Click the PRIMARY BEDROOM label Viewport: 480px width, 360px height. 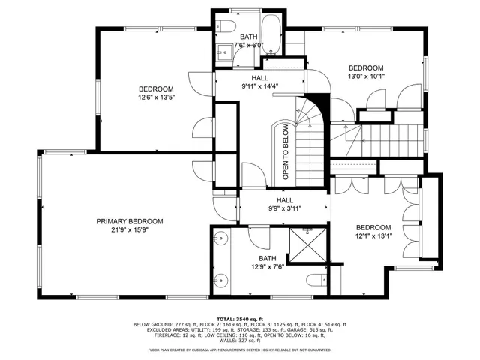pyautogui.click(x=129, y=221)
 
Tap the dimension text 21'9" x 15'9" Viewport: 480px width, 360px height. pyautogui.click(x=129, y=230)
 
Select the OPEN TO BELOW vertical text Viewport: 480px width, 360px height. pyautogui.click(x=286, y=151)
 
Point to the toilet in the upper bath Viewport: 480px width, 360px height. pyautogui.click(x=226, y=28)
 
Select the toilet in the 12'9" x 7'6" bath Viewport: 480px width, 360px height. pyautogui.click(x=316, y=281)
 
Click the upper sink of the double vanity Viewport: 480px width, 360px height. pyautogui.click(x=220, y=240)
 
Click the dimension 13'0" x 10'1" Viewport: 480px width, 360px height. pyautogui.click(x=366, y=75)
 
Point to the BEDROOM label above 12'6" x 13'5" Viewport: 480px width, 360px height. pyautogui.click(x=155, y=88)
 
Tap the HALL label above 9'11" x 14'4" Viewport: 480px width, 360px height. pyautogui.click(x=259, y=77)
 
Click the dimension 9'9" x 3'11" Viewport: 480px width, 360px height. pyautogui.click(x=284, y=210)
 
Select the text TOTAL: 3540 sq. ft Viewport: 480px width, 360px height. pyautogui.click(x=239, y=318)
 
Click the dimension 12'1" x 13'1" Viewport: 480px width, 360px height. pyautogui.click(x=373, y=236)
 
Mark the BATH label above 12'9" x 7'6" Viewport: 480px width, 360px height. pyautogui.click(x=267, y=258)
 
